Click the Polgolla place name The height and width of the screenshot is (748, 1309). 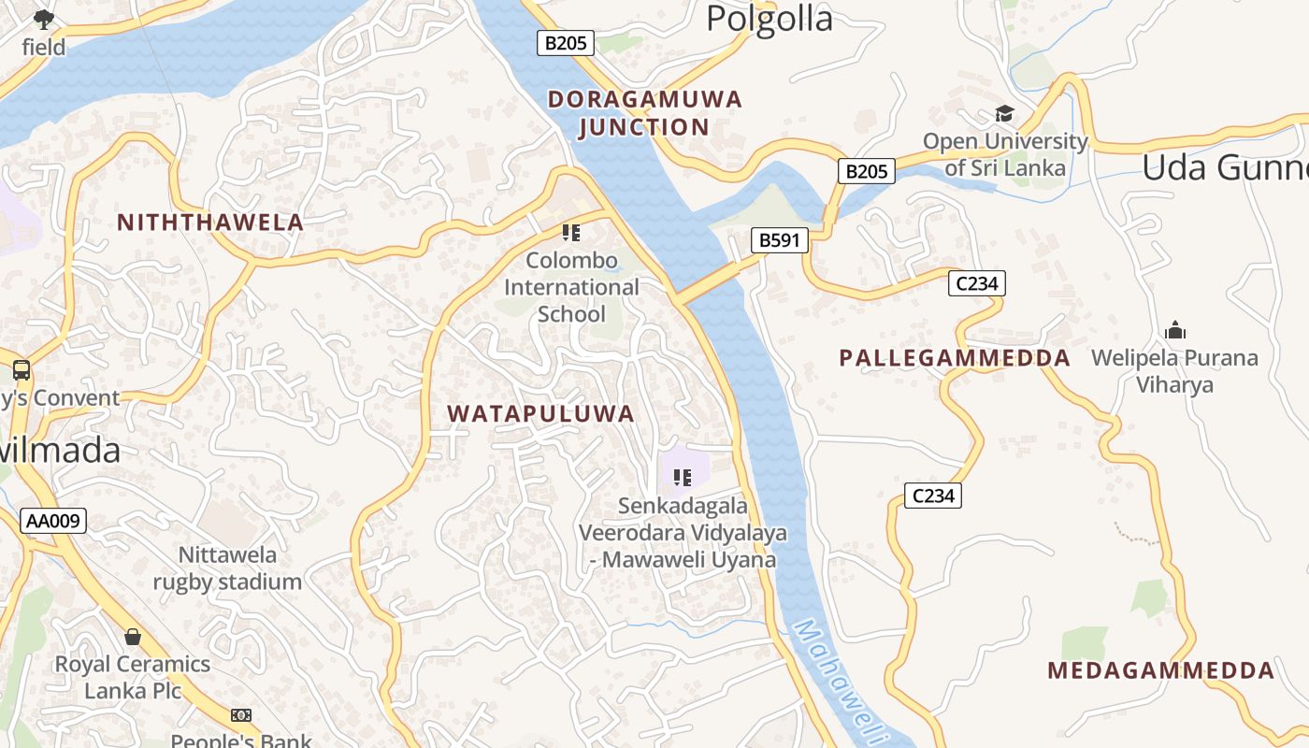(769, 18)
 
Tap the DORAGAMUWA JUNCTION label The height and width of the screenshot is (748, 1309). (644, 113)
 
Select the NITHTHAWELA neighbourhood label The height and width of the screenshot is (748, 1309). (210, 223)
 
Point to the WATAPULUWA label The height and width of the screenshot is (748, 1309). (540, 414)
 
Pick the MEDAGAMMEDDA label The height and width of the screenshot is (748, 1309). (1160, 670)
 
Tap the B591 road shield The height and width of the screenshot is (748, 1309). (779, 241)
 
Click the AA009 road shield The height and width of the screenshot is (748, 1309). (53, 522)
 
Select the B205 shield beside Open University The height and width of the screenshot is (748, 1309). (865, 171)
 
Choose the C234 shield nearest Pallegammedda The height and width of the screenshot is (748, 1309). (976, 283)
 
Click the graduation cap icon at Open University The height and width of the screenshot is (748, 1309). (1004, 114)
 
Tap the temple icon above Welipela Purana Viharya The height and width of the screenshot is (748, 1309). (1175, 330)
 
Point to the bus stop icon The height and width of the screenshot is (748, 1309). (22, 370)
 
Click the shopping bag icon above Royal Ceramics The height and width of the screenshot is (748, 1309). (133, 637)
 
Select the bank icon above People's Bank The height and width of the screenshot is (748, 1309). (241, 715)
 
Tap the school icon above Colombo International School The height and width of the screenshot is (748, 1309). (571, 232)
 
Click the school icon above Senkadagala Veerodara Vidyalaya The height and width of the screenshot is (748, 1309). (683, 478)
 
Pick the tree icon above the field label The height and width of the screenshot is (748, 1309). (44, 19)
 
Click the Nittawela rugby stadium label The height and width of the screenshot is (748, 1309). (227, 568)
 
